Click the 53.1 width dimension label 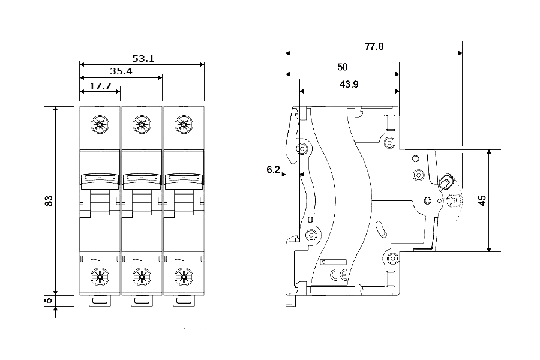143,59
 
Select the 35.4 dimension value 121,71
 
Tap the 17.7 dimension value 100,86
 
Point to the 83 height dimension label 49,200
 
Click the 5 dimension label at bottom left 49,301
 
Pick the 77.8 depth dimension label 374,46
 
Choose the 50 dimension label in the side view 343,67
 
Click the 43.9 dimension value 349,84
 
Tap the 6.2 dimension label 273,169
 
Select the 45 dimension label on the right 482,200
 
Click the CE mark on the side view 339,275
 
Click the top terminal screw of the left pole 100,124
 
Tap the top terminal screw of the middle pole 142,124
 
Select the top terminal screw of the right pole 184,124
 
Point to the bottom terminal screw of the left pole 100,277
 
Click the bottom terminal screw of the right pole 184,277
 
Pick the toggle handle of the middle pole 142,181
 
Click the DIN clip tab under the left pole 100,301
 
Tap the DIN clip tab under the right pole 184,301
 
